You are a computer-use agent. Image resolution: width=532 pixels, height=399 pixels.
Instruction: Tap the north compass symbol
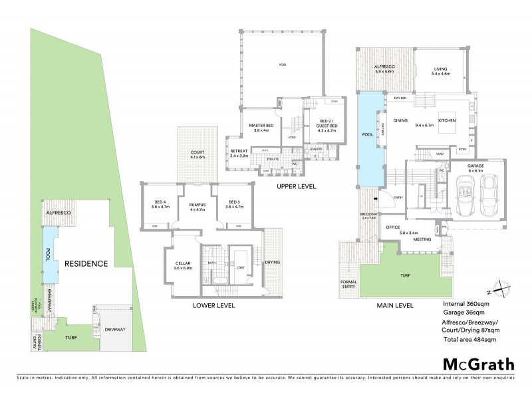499,290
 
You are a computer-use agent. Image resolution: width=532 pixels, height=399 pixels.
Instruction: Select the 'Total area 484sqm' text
469,340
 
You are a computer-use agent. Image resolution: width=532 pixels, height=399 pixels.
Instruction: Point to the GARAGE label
475,166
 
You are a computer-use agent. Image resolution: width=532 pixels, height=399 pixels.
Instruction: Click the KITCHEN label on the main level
446,120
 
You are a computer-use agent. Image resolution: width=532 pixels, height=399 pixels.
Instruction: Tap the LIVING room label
440,69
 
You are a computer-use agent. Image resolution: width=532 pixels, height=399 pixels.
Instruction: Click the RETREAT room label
239,152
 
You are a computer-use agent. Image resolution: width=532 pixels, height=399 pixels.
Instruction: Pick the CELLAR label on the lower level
182,263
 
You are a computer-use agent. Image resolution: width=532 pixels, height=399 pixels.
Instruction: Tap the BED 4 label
161,202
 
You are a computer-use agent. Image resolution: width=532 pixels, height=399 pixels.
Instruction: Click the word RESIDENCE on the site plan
86,263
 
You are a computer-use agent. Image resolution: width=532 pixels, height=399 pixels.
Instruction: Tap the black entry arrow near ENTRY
376,198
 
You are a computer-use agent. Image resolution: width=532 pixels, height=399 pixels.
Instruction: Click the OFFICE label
392,227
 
